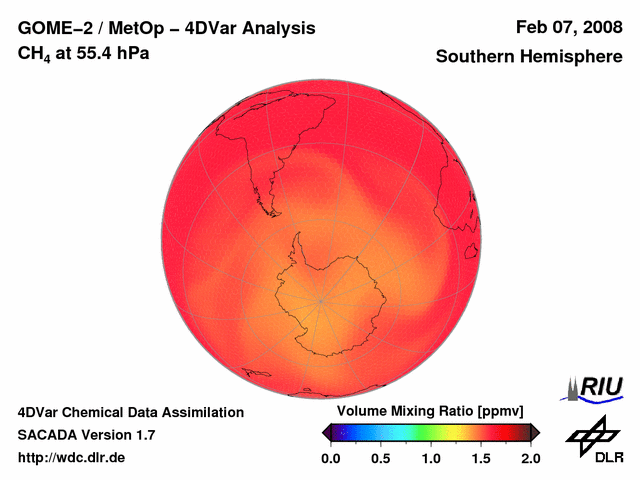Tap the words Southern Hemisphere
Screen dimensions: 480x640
pos(528,57)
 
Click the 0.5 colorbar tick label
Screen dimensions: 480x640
pos(380,459)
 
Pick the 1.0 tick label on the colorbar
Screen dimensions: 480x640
pos(430,459)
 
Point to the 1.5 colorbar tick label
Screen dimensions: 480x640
pos(480,459)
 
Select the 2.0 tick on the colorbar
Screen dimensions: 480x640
pos(530,459)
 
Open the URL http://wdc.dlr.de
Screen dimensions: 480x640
pos(72,458)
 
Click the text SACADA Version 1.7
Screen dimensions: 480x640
pos(86,435)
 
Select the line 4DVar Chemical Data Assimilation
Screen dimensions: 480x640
pos(131,412)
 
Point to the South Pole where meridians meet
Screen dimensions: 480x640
pos(321,299)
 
